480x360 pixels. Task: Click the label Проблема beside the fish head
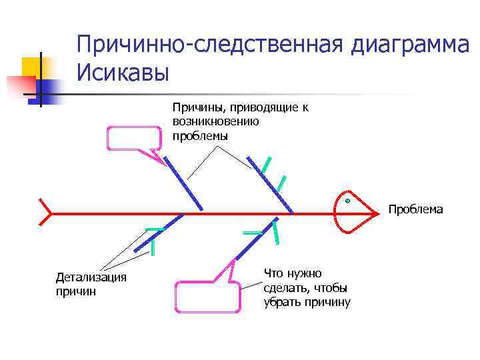[415, 209]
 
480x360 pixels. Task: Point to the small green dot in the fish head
[347, 200]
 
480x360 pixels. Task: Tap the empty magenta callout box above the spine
[134, 138]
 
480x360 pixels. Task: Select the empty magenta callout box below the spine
[208, 297]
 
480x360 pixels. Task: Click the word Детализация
[91, 277]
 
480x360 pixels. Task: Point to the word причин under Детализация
[76, 291]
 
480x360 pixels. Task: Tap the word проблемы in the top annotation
[200, 135]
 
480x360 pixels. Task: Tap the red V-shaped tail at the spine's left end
[45, 213]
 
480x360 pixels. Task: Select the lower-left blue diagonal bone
[159, 233]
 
